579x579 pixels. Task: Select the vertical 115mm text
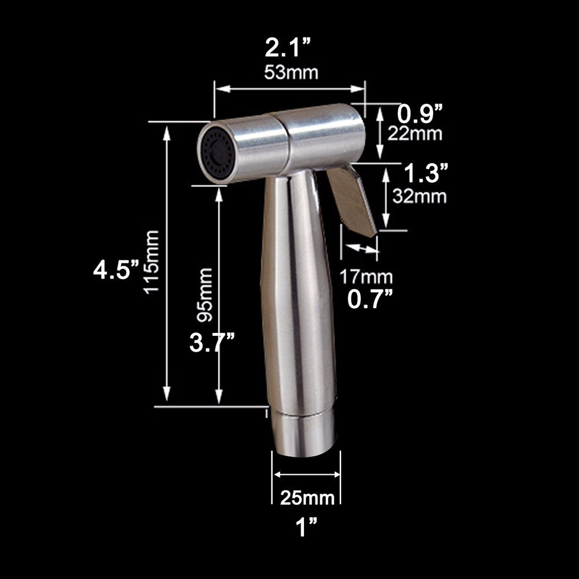pos(152,262)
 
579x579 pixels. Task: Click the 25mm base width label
pos(307,497)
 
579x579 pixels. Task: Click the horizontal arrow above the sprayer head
pos(290,89)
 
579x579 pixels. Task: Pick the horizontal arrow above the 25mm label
pos(306,474)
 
